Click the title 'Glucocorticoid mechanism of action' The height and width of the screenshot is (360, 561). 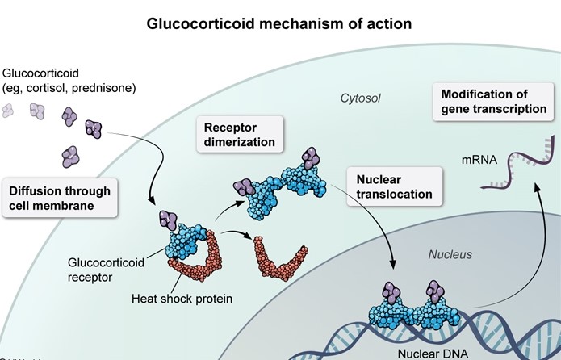tap(279, 23)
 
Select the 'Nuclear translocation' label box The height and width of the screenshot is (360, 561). tap(394, 185)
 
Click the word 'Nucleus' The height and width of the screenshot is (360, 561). tap(449, 255)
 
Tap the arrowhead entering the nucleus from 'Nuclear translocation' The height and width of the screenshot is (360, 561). tap(394, 266)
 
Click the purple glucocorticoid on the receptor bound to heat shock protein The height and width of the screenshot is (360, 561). tap(168, 218)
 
